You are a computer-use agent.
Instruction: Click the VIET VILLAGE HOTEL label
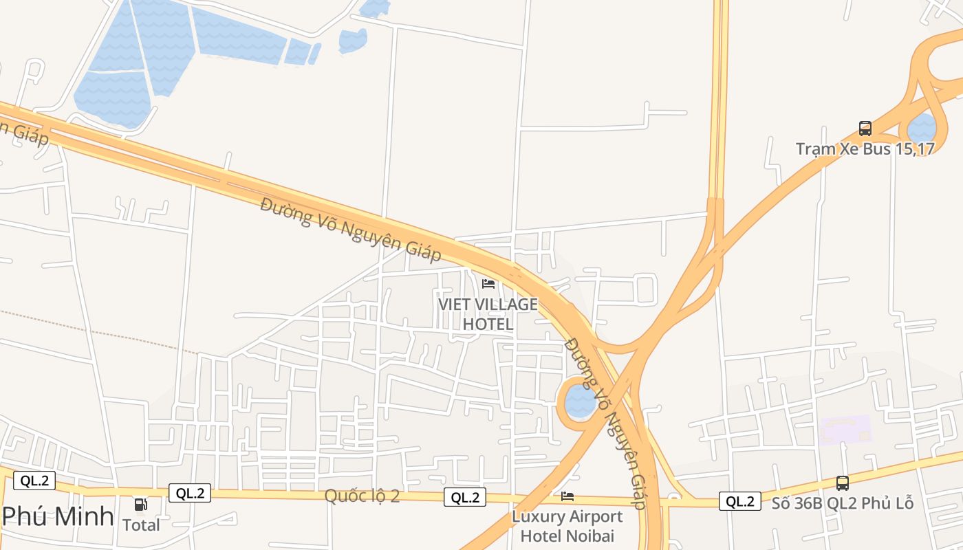coord(488,313)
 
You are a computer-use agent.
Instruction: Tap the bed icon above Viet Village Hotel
coord(488,283)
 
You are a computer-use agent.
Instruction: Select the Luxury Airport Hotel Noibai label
coord(567,526)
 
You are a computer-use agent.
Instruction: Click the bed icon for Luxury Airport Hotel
coord(567,496)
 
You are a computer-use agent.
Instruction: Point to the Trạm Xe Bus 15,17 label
coord(865,148)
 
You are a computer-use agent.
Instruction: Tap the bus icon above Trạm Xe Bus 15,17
coord(865,128)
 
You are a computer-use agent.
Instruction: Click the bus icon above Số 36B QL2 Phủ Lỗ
coord(843,483)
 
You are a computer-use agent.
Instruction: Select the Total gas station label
coord(141,525)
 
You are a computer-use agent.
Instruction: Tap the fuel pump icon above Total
coord(141,505)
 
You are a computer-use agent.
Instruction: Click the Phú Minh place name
coord(58,516)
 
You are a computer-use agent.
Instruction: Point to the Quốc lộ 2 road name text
coord(362,496)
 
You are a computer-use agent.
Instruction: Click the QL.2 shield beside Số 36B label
coord(740,501)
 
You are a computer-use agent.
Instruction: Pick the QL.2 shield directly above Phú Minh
coord(34,481)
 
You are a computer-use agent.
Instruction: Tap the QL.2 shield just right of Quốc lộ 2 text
coord(465,497)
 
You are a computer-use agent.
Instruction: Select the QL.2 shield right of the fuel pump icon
coord(190,492)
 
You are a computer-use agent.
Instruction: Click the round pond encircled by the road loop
coord(581,401)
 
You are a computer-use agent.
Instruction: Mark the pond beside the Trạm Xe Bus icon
coord(922,128)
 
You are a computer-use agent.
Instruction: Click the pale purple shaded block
coord(845,430)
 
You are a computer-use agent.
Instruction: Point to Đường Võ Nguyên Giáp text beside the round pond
coord(605,423)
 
